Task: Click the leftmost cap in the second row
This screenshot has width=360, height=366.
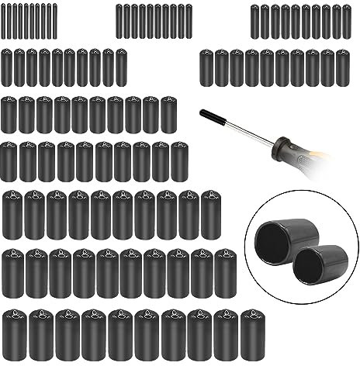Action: coord(7,67)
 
